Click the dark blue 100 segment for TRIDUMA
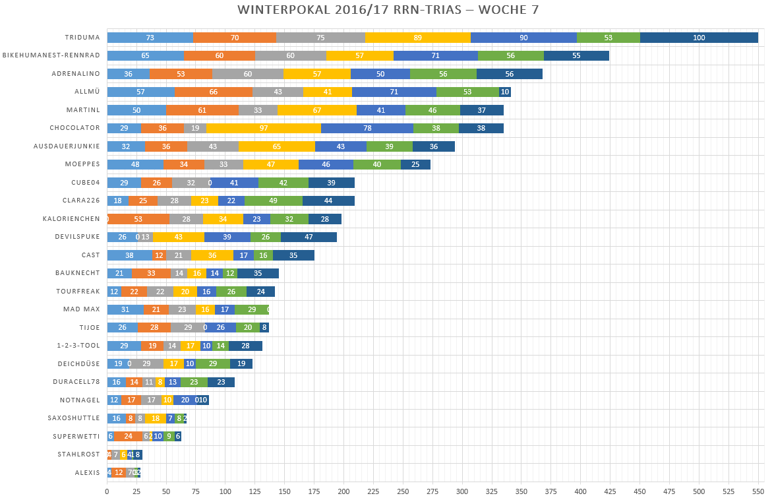click(x=699, y=38)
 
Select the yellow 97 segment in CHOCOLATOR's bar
click(x=264, y=128)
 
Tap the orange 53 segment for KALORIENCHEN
click(x=138, y=219)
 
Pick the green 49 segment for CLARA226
click(x=274, y=201)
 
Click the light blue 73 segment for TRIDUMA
click(x=150, y=38)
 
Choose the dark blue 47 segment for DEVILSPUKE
click(x=309, y=237)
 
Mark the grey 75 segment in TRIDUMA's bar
click(x=320, y=38)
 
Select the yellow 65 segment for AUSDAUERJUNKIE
click(x=276, y=146)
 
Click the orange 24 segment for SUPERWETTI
click(x=128, y=436)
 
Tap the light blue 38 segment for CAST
click(x=129, y=255)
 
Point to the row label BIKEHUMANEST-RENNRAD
click(x=51, y=56)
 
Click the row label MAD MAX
click(x=82, y=309)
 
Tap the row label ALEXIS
click(x=88, y=472)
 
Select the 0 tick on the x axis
click(x=107, y=491)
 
